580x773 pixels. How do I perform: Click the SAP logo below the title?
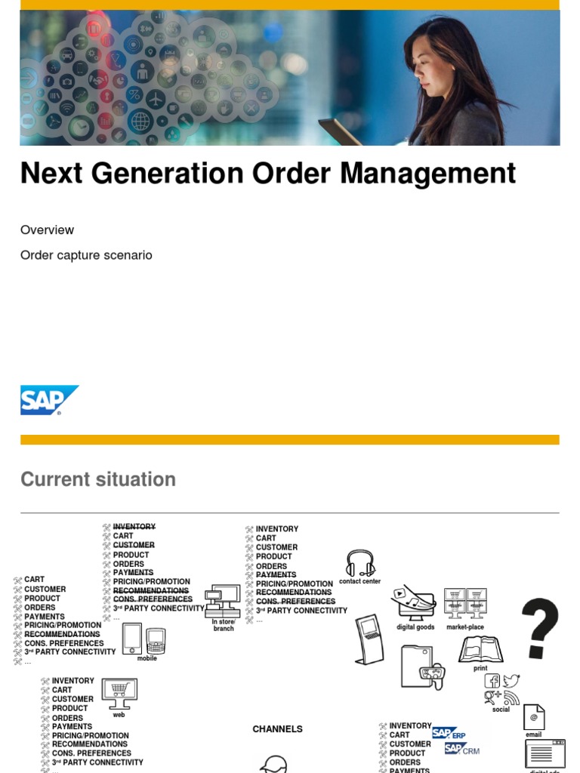(x=49, y=400)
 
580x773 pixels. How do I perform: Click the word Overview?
(x=47, y=229)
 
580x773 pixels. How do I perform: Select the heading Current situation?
(x=98, y=479)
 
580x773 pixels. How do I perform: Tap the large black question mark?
(x=540, y=628)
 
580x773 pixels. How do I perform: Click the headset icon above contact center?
(x=360, y=563)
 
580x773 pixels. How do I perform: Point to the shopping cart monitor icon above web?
(x=119, y=692)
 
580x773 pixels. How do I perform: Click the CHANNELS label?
(x=277, y=729)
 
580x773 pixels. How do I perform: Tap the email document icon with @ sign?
(x=534, y=717)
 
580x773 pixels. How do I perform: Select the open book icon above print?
(x=480, y=649)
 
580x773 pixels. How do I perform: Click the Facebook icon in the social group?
(x=492, y=682)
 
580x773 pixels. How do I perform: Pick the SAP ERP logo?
(x=449, y=733)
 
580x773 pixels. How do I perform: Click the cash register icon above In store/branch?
(x=224, y=600)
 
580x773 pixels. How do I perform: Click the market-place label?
(x=465, y=627)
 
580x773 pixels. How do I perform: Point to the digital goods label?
(x=415, y=627)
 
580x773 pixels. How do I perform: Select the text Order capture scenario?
(x=86, y=255)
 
